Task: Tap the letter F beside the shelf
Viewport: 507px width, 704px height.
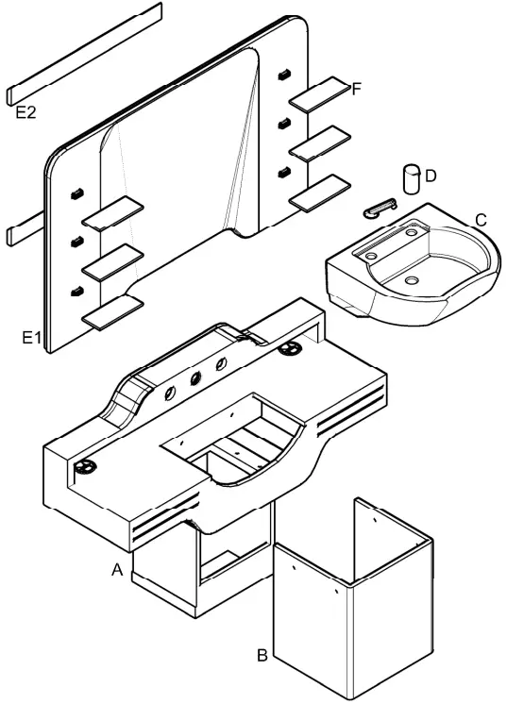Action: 356,89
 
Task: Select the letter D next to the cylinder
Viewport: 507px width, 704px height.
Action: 431,175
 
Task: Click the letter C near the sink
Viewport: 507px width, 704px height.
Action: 481,220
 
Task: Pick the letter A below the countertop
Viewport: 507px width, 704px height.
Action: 117,570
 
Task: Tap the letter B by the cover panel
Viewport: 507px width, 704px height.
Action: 263,653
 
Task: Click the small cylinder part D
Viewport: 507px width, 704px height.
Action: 411,179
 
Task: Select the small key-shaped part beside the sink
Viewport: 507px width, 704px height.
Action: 380,207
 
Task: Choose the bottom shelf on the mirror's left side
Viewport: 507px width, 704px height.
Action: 112,311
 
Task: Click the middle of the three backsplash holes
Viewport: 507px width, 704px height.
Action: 196,379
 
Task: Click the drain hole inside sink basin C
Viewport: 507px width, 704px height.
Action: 413,280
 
